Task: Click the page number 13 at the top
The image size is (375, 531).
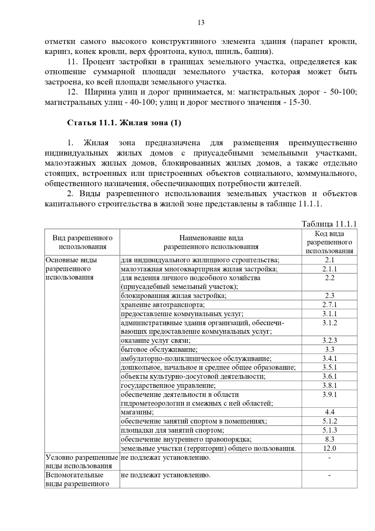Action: point(201,23)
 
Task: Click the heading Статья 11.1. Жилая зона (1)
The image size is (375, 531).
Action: point(124,123)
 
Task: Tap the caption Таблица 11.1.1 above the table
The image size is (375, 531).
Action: point(329,224)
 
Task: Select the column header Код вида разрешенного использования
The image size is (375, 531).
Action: point(329,242)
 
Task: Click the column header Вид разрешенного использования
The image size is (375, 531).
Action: point(82,242)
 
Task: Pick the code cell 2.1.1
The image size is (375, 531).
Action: point(330,269)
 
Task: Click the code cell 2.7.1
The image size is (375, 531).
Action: point(330,305)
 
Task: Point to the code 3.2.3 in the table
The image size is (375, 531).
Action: point(330,340)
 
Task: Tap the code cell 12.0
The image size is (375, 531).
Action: point(330,448)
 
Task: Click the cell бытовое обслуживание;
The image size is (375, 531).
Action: point(159,349)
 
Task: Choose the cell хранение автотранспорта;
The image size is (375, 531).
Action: point(163,305)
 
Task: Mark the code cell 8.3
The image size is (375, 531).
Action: point(330,439)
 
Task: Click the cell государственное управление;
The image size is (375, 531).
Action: point(168,385)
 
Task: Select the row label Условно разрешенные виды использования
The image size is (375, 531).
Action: point(82,462)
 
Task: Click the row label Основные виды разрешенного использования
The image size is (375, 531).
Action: point(71,269)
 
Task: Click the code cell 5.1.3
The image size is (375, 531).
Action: point(330,430)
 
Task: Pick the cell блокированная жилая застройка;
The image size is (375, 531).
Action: point(174,296)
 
